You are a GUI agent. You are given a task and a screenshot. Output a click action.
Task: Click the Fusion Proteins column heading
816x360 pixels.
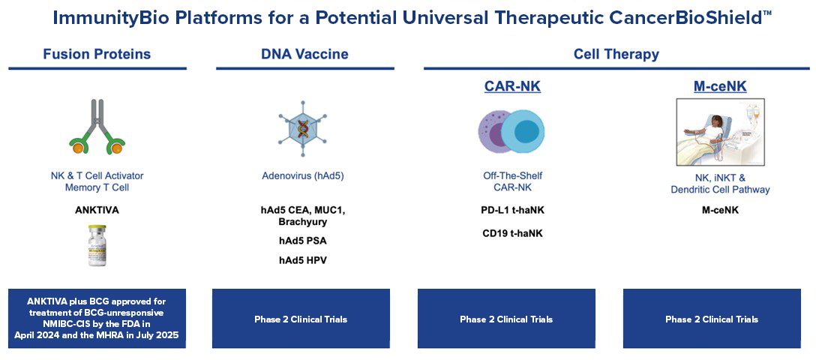tap(97, 54)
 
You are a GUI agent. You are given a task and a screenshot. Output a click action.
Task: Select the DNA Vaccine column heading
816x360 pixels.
tap(304, 54)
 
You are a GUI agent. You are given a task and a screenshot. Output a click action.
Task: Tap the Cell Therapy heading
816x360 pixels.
tap(616, 54)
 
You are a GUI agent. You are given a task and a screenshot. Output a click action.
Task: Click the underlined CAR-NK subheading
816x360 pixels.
tap(512, 87)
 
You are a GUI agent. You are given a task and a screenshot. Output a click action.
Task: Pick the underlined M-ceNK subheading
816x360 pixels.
tap(719, 87)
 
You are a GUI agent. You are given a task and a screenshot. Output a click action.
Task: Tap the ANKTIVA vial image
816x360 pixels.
tap(97, 245)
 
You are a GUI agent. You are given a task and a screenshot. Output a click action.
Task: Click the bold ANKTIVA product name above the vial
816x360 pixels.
tap(97, 210)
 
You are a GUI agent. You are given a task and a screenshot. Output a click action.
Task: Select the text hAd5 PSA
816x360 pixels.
tap(304, 241)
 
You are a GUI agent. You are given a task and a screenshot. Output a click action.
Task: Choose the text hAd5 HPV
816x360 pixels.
tap(304, 260)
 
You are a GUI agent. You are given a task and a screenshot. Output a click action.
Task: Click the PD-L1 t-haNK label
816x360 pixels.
tap(512, 210)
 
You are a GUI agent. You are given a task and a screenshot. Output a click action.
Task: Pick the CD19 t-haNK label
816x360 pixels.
tap(512, 233)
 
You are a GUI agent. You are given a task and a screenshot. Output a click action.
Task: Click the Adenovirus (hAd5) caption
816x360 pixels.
tap(304, 176)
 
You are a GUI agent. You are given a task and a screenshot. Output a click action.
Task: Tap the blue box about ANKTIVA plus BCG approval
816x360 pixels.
tap(97, 319)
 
